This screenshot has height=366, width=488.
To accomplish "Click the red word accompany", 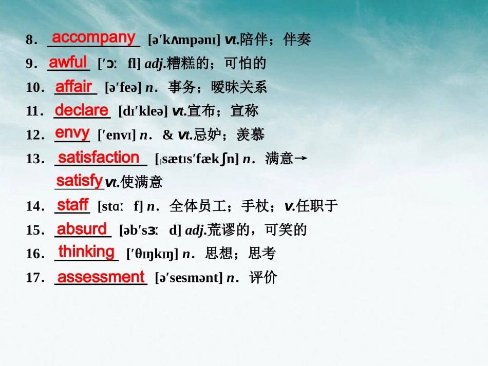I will tap(93, 37).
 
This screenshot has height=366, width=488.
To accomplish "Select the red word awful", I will tap(68, 62).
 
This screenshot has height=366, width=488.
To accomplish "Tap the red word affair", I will tap(73, 86).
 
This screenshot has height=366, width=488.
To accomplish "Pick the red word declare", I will tap(82, 110).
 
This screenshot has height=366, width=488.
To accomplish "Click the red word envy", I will tap(72, 132).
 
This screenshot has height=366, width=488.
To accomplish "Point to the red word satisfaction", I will tap(99, 157).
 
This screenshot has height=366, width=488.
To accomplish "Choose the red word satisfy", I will tap(79, 180).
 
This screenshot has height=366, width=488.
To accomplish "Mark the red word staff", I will tap(72, 205).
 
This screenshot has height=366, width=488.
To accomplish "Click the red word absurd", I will tap(82, 228).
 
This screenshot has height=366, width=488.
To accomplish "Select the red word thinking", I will tap(86, 252).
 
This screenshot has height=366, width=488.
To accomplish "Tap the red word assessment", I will tap(101, 277).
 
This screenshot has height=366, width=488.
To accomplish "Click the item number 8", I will tap(30, 40).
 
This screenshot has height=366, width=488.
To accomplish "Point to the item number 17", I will tap(34, 278).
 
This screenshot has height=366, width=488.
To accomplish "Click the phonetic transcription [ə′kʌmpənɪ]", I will tap(183, 40).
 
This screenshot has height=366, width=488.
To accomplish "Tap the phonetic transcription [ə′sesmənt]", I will tap(189, 278).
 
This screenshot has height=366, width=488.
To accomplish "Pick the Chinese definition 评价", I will tap(263, 278).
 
